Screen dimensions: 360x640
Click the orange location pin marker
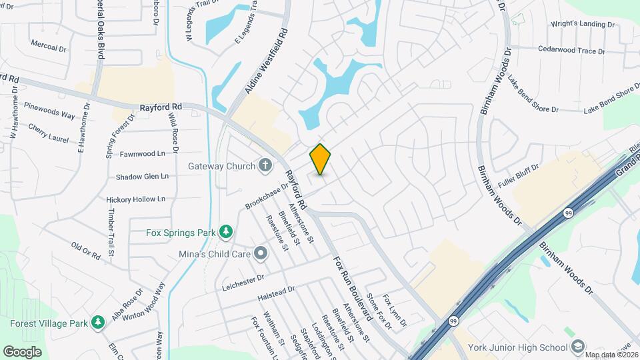pyautogui.click(x=321, y=159)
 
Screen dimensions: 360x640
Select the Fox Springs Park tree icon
pyautogui.click(x=227, y=231)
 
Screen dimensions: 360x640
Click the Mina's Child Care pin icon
pyautogui.click(x=261, y=253)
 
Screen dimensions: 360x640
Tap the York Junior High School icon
pyautogui.click(x=577, y=347)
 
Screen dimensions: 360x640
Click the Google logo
pyautogui.click(x=22, y=351)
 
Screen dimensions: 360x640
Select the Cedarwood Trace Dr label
pyautogui.click(x=571, y=51)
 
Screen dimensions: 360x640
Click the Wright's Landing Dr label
pyautogui.click(x=582, y=24)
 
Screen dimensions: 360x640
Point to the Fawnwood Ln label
pyautogui.click(x=143, y=153)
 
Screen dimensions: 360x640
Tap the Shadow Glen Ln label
pyautogui.click(x=142, y=177)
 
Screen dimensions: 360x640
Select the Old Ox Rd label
pyautogui.click(x=86, y=250)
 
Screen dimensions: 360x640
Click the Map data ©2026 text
pyautogui.click(x=610, y=354)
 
